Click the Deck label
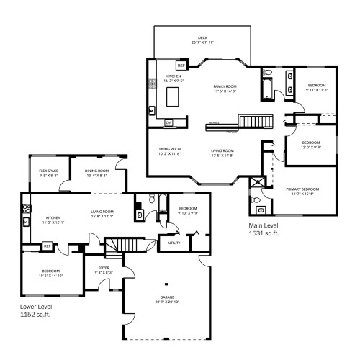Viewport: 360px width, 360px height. coord(202,40)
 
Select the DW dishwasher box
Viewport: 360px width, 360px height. coord(168,123)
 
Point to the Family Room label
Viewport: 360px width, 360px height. coord(225,89)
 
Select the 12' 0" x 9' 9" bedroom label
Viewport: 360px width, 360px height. coord(310,145)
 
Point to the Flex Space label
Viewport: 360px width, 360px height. coord(49,172)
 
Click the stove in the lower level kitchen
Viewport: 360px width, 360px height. coord(26,209)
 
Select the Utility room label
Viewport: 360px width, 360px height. coord(174,243)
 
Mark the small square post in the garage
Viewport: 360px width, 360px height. coord(166,283)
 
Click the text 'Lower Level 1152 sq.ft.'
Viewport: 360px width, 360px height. coord(37,310)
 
